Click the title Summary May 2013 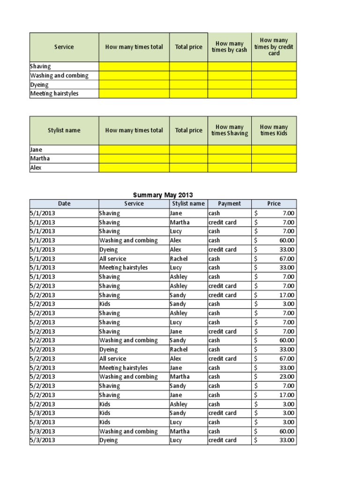pos(163,195)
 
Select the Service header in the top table pos(64,47)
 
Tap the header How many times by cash pos(229,47)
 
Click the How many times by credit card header pos(274,47)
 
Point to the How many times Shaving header pos(229,130)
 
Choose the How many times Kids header pos(274,130)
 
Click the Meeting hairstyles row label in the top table pos(54,94)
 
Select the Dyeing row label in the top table pos(39,85)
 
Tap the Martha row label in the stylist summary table pos(40,158)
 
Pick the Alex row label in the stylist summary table pos(36,167)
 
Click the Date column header pos(64,203)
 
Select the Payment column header pos(229,203)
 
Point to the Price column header pos(274,203)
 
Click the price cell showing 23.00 pos(274,377)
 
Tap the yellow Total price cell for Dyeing pos(188,85)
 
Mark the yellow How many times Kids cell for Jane pos(274,150)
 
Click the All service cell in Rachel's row pos(112,259)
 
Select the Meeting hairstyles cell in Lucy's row pos(123,268)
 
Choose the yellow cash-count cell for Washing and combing pos(229,75)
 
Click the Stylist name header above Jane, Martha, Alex pos(64,130)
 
